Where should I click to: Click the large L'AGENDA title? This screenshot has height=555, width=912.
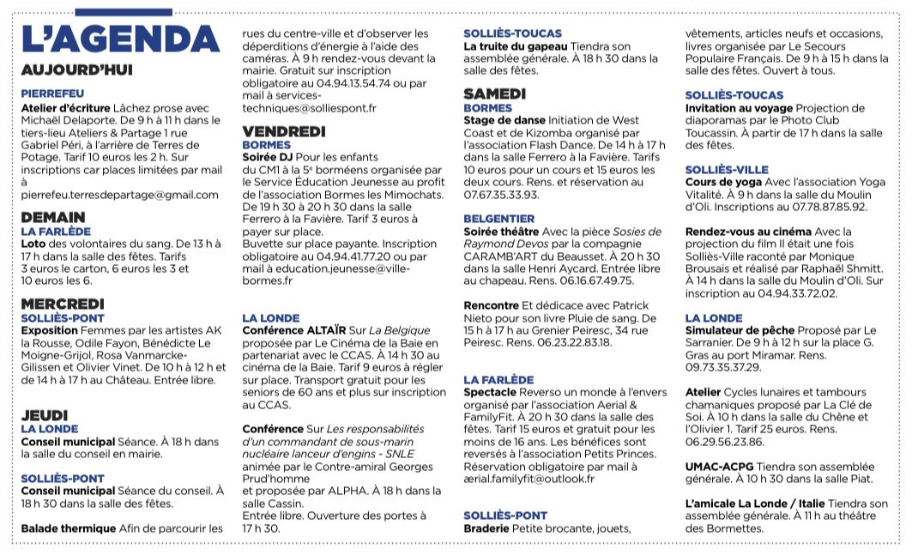click(119, 39)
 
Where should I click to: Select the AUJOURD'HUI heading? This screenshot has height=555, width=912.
click(76, 69)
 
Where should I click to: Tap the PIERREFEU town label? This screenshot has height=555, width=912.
click(52, 93)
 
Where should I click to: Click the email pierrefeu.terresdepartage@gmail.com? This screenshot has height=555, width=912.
click(119, 195)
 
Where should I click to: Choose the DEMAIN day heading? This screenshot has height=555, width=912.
click(52, 217)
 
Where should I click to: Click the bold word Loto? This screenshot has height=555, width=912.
click(33, 244)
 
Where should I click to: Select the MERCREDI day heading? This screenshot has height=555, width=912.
click(63, 304)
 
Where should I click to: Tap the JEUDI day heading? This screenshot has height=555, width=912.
click(44, 415)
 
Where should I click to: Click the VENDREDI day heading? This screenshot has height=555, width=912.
click(284, 131)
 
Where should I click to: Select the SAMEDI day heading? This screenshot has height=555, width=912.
click(495, 94)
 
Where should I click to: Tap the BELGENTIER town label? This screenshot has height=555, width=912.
click(499, 219)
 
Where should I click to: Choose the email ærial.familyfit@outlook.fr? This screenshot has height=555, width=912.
click(528, 479)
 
